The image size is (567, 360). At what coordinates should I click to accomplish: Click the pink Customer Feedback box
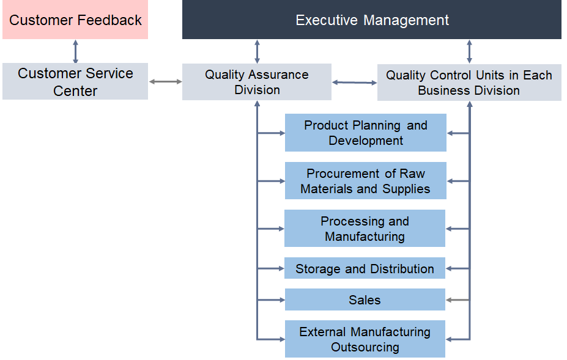click(75, 20)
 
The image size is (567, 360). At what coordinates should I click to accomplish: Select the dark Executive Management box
click(372, 20)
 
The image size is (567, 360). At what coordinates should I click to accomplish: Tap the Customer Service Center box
click(75, 82)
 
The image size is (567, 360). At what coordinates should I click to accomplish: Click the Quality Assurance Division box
click(257, 82)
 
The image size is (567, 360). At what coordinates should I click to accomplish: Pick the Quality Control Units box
click(469, 83)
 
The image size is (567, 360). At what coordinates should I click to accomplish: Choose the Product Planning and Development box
click(365, 133)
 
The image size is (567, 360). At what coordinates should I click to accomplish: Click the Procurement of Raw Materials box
click(365, 181)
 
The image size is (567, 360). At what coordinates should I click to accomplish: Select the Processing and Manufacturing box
click(365, 229)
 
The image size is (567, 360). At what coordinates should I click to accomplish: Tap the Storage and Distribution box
click(365, 268)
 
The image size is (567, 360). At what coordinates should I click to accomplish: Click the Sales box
click(365, 299)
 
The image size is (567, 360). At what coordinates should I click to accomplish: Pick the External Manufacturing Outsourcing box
click(365, 339)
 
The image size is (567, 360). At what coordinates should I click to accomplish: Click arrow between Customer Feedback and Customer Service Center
click(75, 51)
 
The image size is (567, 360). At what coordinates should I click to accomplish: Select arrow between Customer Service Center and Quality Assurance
click(165, 81)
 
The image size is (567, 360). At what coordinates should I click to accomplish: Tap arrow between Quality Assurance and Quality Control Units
click(354, 82)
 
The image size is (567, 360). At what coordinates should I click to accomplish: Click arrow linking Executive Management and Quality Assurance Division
click(257, 51)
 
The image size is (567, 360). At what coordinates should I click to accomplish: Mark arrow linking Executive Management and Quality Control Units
click(469, 51)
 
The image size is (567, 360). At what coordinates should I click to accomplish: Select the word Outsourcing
click(365, 347)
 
